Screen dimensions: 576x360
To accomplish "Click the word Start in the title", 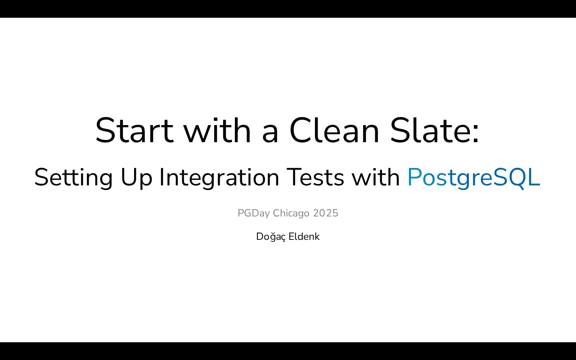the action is coord(135,130).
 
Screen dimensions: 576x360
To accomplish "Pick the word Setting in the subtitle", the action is coord(73,178).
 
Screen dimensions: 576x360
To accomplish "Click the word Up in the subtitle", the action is coord(136,178).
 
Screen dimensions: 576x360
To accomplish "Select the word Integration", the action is coord(219,178).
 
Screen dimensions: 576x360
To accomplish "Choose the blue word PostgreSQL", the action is coord(474,178).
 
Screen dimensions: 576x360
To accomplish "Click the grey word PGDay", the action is coord(253,213).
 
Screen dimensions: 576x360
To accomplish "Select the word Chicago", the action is coord(291,213).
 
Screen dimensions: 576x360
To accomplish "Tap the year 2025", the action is coord(325,213).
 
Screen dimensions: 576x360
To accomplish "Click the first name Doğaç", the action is coord(271,237).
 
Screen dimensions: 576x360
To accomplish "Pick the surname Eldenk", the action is coord(304,236).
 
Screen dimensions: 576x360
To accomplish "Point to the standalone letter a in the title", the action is coord(270,134).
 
